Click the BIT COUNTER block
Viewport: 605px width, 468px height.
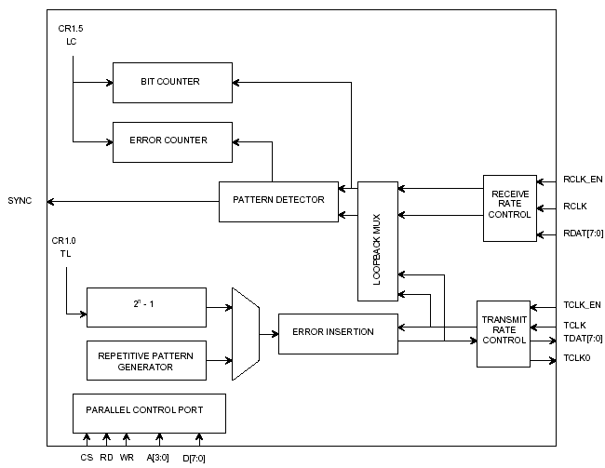pos(172,82)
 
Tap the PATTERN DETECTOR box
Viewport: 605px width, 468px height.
pos(278,201)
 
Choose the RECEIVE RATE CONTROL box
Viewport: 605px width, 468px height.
pos(510,207)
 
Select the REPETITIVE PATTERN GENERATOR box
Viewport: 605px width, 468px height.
pos(146,360)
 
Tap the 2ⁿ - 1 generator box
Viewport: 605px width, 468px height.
pos(146,307)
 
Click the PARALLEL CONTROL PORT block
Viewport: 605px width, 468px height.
pos(149,410)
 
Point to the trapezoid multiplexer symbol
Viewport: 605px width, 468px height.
pos(245,333)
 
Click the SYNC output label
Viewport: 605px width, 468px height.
pos(20,201)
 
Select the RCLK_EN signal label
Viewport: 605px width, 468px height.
pos(583,180)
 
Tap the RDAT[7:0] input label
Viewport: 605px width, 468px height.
pos(583,234)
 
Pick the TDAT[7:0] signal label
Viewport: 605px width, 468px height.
pos(583,339)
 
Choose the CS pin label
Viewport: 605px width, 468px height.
pos(86,457)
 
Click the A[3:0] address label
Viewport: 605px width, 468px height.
pos(160,457)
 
